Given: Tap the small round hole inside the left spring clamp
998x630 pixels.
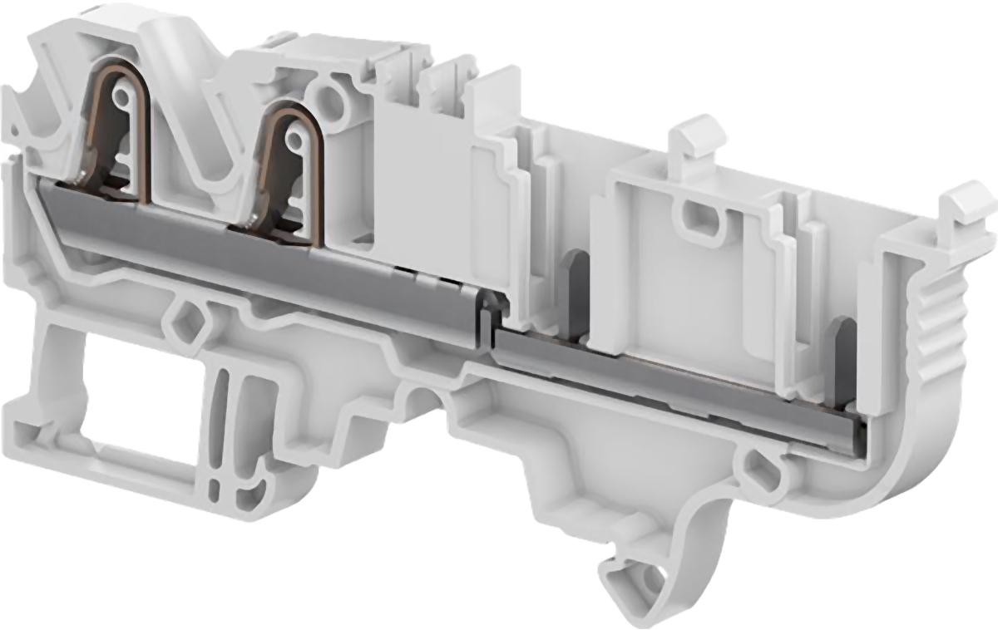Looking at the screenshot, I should tap(123, 98).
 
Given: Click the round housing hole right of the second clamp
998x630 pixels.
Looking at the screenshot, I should tap(333, 102).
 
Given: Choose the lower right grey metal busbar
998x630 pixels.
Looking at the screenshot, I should tap(665, 378).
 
